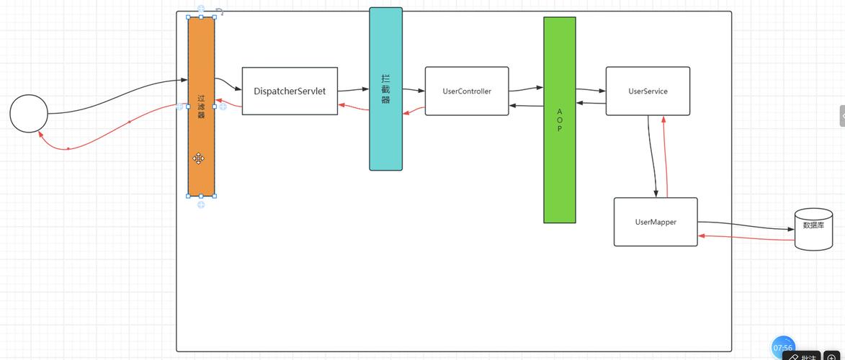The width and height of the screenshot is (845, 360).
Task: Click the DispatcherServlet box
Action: tap(290, 91)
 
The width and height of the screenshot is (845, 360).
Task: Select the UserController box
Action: tap(467, 91)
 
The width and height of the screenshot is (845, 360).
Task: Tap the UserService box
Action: tap(648, 91)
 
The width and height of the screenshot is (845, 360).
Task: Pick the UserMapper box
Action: tap(656, 222)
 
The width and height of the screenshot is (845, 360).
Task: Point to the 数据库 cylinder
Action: tap(813, 229)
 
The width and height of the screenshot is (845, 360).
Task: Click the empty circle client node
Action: tap(29, 114)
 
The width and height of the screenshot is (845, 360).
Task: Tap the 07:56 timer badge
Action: tap(782, 348)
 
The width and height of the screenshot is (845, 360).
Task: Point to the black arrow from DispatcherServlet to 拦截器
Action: tap(353, 90)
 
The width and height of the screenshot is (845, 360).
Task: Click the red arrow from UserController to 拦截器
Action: tap(413, 111)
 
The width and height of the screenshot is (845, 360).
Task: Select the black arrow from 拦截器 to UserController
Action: tap(413, 91)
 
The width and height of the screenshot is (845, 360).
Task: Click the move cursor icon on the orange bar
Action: tap(198, 158)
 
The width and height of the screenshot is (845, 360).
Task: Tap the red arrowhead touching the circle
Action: tap(40, 135)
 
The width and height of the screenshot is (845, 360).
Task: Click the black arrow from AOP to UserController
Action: tap(526, 107)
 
